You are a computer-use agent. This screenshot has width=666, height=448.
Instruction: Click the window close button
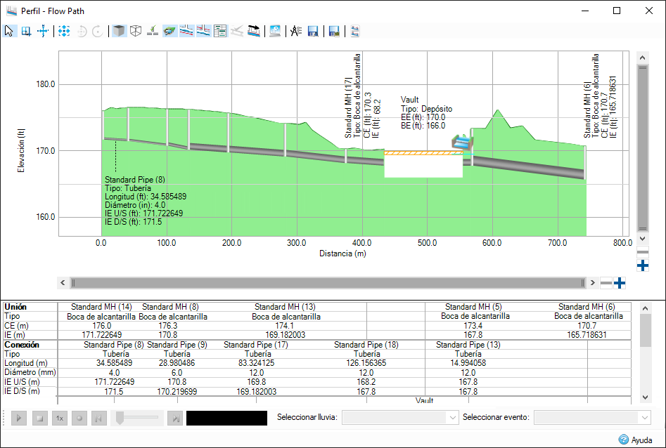648,11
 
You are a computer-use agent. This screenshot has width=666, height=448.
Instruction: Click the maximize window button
616,11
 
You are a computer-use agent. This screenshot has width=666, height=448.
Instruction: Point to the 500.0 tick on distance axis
427,243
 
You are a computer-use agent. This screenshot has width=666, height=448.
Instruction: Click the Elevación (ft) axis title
23,150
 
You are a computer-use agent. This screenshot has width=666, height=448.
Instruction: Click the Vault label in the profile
410,100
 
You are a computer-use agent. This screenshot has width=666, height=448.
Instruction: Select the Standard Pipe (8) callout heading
134,180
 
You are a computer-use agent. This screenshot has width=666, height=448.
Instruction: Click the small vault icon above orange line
461,141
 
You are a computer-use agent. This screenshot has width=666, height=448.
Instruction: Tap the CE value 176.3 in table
168,326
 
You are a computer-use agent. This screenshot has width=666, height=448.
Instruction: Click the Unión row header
18,307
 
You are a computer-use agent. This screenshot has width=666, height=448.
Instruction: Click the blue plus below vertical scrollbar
642,266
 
